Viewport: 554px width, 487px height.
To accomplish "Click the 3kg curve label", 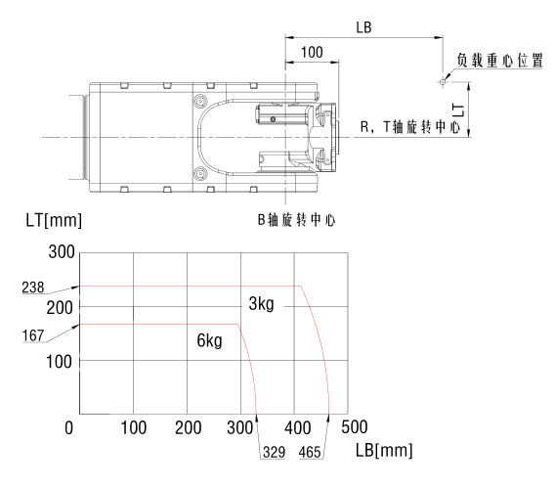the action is pos(261,304).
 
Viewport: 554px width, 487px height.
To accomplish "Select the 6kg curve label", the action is pos(209,340).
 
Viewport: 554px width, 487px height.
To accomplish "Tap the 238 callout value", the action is pos(33,288).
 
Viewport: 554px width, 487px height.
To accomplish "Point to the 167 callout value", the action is pos(33,335).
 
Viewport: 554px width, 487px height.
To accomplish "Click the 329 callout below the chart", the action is pos(274,452).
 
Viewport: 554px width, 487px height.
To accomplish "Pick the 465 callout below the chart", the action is pos(310,452).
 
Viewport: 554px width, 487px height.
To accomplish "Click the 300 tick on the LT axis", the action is pos(62,252).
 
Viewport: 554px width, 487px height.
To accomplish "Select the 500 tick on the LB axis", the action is pos(355,427).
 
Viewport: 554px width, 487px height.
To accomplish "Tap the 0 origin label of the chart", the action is pos(69,428).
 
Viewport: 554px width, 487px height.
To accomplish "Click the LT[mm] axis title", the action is pos(54,220).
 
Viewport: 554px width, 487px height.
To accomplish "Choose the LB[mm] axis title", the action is pos(384,450).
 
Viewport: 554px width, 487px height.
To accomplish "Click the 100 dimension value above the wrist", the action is pos(312,53).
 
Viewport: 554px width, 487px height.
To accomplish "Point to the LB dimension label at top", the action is pos(363,27).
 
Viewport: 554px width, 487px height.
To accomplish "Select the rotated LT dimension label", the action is pos(458,110).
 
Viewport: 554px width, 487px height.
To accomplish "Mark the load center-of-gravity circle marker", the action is pos(443,82).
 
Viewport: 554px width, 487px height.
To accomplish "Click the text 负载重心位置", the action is pos(500,60).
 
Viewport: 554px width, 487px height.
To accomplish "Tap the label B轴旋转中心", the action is pos(296,220).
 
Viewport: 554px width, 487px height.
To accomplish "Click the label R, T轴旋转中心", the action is pos(410,126).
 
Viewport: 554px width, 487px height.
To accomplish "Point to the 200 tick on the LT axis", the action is pos(60,308).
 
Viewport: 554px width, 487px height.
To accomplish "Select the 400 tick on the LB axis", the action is pos(297,428).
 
